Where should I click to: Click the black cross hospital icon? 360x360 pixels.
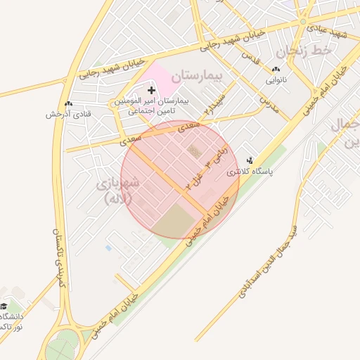click(151, 90)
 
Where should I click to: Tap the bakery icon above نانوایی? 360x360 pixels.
click(275, 70)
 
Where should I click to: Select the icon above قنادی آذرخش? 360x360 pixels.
click(68, 104)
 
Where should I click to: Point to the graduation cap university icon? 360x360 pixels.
click(4, 307)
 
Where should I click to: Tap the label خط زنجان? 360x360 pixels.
click(303, 51)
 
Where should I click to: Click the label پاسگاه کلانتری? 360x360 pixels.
click(250, 171)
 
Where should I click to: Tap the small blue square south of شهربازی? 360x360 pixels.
click(108, 247)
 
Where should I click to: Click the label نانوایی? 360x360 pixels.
click(275, 80)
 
